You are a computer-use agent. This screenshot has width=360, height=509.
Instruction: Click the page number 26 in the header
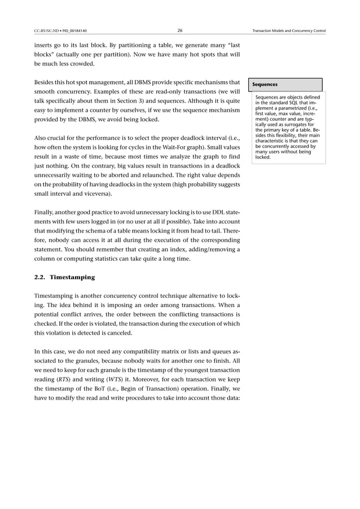click(x=179, y=30)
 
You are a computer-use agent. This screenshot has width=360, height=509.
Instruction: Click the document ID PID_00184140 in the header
click(x=71, y=30)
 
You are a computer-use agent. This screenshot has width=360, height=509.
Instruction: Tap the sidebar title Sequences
click(x=265, y=85)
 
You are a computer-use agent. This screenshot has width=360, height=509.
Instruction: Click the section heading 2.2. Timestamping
click(x=65, y=277)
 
